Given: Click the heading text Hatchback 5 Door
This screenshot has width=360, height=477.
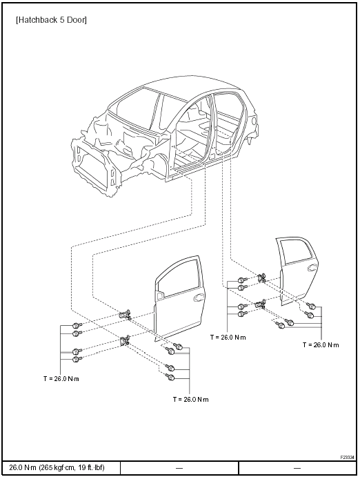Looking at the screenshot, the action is [51, 20].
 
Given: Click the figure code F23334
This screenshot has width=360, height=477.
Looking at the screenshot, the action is [347, 457].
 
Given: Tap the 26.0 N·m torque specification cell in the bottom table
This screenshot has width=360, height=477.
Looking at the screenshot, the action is [57, 467].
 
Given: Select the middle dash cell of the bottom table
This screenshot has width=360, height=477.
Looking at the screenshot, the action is [179, 468].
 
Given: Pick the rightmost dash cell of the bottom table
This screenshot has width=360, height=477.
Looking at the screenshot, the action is [297, 468].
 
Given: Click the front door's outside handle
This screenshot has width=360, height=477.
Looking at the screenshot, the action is [199, 298].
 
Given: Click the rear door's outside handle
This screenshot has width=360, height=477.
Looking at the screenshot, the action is [312, 268].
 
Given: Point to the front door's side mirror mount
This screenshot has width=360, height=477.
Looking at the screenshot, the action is [159, 295].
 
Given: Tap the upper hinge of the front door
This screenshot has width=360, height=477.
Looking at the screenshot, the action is [125, 315].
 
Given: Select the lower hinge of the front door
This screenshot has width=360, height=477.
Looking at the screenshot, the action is [125, 341].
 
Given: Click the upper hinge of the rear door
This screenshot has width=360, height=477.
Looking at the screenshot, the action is [261, 278].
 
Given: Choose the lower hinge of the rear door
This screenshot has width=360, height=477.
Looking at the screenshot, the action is [260, 304].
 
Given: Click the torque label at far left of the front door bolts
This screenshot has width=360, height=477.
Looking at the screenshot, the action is [61, 379].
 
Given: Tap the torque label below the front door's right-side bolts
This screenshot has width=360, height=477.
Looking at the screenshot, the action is [191, 400].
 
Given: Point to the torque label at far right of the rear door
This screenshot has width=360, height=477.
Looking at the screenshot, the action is [321, 345].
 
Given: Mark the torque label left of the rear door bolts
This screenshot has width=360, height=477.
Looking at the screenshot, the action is [228, 338].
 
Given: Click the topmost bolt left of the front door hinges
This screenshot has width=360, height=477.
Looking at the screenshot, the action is [76, 326].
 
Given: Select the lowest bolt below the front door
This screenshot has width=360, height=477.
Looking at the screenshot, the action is [170, 378].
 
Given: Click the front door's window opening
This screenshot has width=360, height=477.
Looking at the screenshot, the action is [179, 278].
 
